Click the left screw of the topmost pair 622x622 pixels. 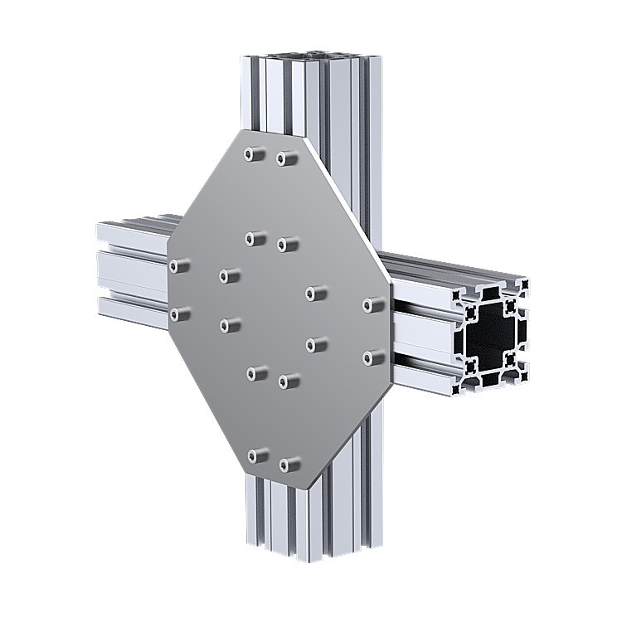click(254, 154)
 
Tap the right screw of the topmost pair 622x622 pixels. click(286, 158)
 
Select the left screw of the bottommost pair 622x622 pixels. click(258, 455)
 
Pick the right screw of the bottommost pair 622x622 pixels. click(289, 465)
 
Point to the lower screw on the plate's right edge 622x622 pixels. click(373, 357)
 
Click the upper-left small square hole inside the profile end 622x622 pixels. click(470, 313)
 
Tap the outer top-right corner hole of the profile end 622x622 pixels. click(522, 285)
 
